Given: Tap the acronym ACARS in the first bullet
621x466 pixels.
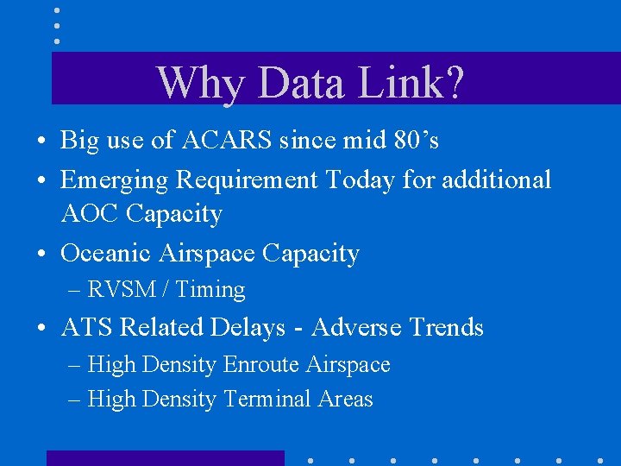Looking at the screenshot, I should [x=227, y=141].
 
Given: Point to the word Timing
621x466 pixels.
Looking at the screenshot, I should [x=210, y=290].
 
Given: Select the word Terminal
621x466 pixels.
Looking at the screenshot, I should [x=267, y=400].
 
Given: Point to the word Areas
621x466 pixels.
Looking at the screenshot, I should [x=345, y=400].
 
